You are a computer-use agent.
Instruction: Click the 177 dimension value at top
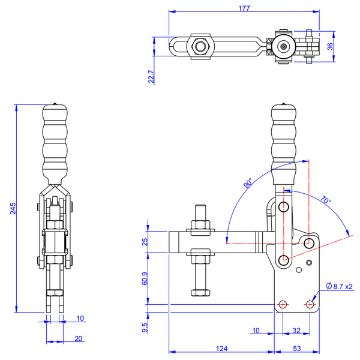tap(244, 8)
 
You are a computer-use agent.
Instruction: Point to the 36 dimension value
tap(330, 46)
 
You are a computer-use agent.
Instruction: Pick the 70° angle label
tap(325, 199)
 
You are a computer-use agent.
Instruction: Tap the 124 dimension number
tap(221, 348)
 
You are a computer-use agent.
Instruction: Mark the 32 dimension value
tap(296, 330)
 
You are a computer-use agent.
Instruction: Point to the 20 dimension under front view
tap(79, 338)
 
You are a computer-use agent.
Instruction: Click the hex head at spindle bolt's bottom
tap(200, 293)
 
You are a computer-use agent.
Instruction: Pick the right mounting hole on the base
tap(310, 304)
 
